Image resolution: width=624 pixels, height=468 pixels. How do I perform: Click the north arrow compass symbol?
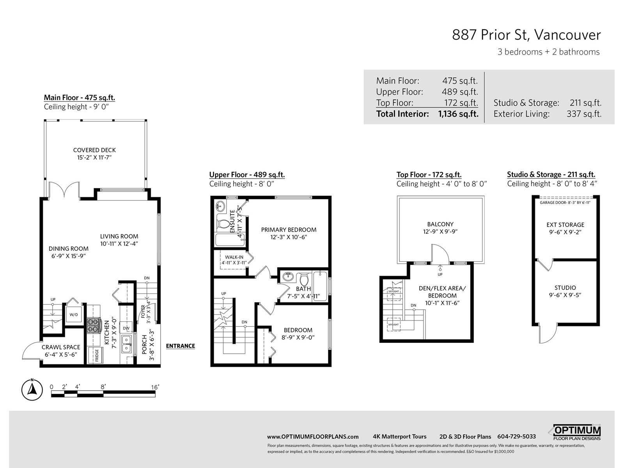tap(32, 390)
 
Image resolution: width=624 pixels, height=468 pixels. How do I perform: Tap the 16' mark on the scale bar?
tap(155, 387)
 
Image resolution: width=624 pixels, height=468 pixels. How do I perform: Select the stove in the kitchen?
tap(94, 325)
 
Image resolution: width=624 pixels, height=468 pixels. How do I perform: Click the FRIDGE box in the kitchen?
tap(96, 355)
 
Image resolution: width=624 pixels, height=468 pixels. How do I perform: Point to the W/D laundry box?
tap(74, 315)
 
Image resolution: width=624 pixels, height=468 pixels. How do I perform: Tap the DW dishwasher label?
tap(126, 328)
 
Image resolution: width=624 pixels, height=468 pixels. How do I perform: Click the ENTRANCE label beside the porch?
tap(181, 346)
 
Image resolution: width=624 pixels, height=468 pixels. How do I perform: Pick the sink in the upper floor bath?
tap(288, 276)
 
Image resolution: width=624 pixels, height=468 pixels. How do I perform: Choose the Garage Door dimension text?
tap(565, 202)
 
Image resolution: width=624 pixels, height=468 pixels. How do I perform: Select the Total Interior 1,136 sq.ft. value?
tap(458, 114)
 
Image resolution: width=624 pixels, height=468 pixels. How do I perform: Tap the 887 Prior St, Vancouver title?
tap(526, 35)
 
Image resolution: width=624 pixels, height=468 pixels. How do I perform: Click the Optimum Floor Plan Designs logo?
tap(576, 433)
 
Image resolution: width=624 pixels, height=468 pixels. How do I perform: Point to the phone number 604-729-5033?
tap(516, 436)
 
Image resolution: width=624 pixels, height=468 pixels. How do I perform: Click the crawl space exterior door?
tap(31, 351)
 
